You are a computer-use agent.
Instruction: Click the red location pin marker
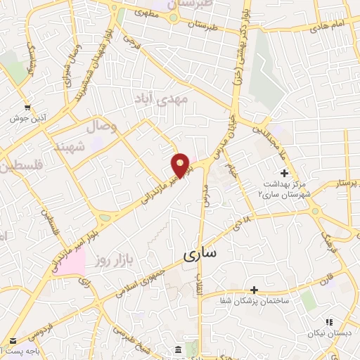point(181,165)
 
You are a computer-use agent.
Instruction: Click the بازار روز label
point(110,262)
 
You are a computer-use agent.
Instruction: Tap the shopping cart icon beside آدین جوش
point(27,108)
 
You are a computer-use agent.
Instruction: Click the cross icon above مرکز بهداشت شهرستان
point(284,173)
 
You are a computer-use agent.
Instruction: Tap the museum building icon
point(177,349)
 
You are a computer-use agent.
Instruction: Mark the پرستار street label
point(335,183)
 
